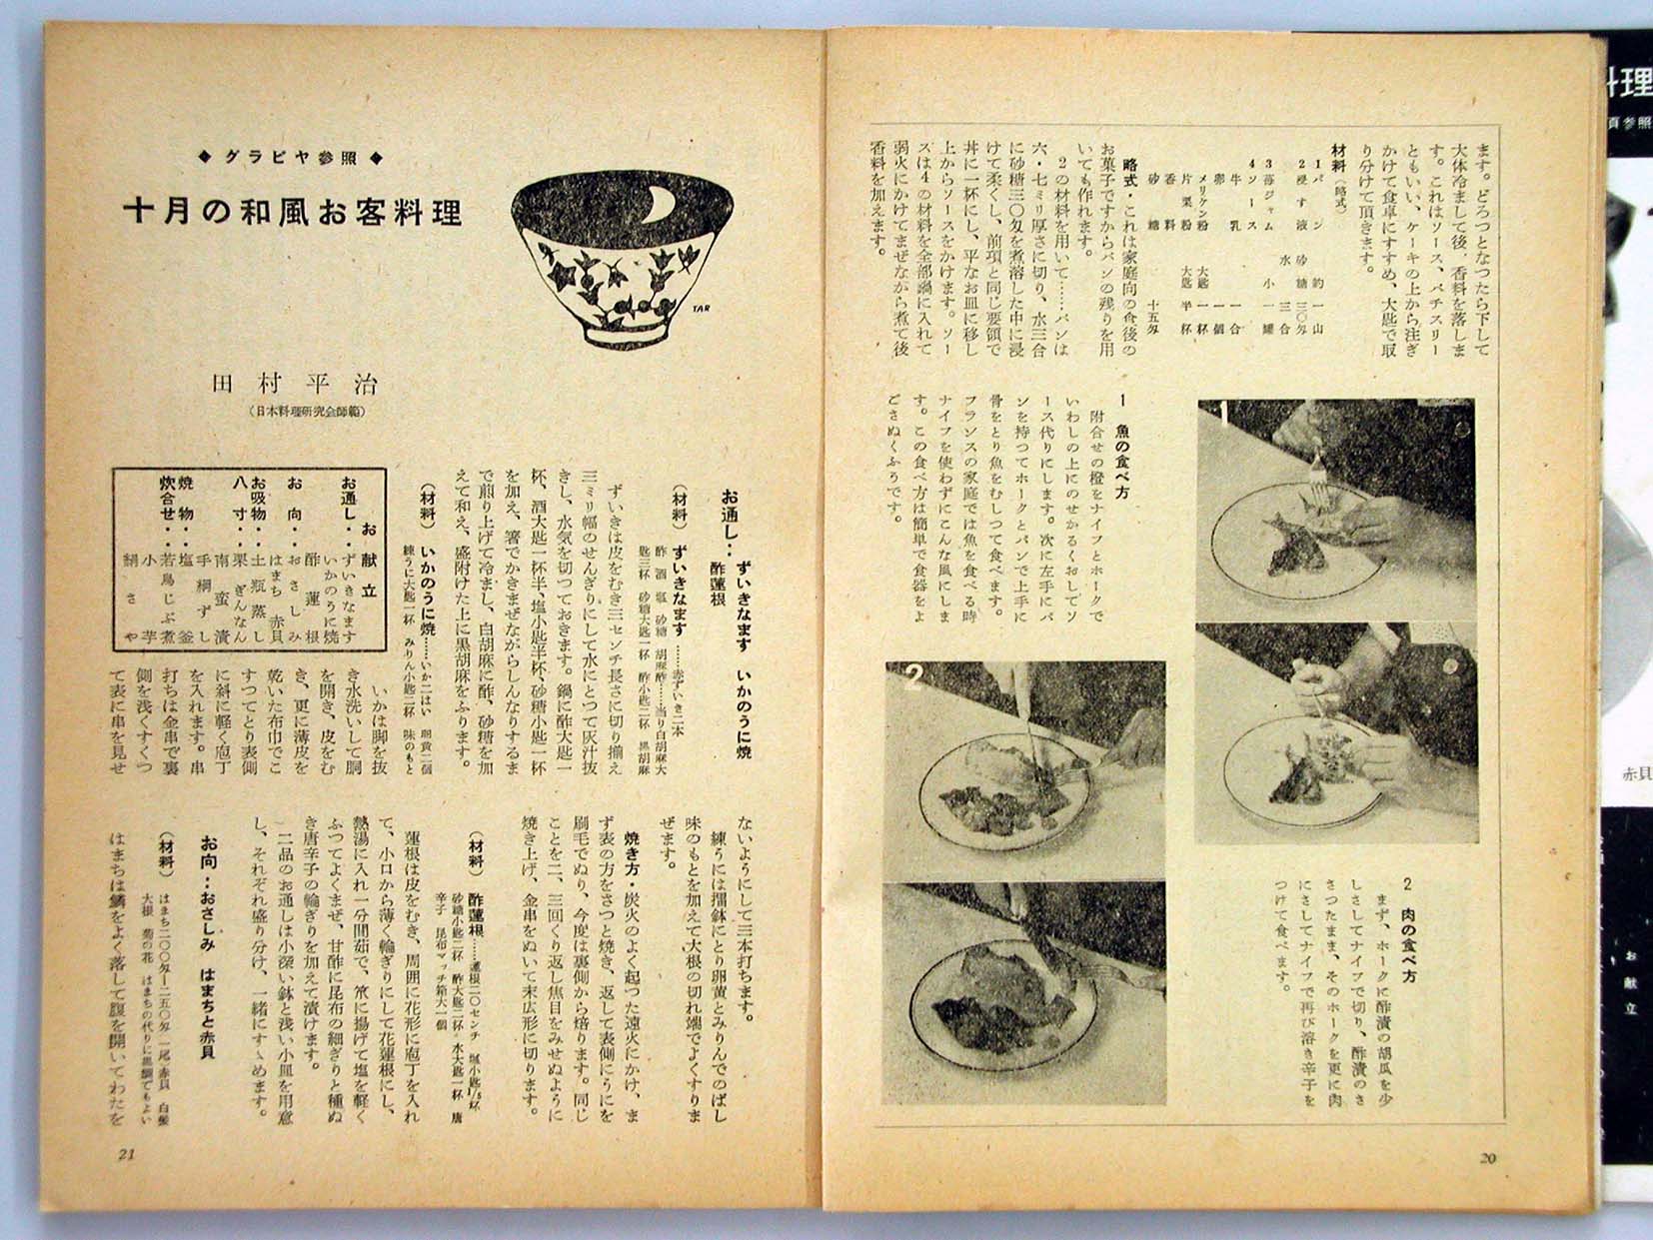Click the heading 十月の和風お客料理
coord(292,211)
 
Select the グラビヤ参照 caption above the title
coord(293,157)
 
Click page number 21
coord(126,1155)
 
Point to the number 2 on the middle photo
coord(912,680)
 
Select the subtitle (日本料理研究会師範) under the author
coord(306,411)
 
